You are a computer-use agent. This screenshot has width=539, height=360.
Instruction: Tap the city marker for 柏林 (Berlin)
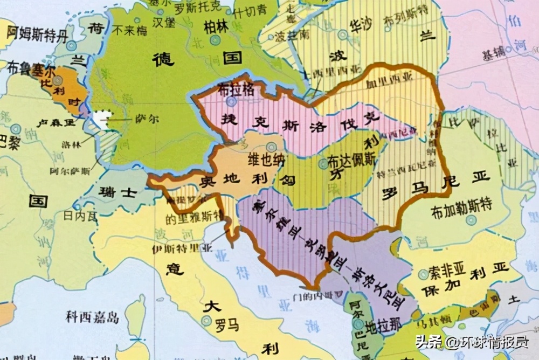(215, 40)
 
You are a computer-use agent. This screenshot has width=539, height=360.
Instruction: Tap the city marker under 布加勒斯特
(472, 220)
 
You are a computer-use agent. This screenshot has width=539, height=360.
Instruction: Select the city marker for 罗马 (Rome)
(206, 321)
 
